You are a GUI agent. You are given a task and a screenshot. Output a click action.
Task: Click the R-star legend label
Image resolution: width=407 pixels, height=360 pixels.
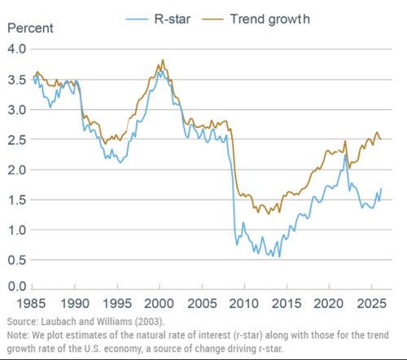tap(173, 20)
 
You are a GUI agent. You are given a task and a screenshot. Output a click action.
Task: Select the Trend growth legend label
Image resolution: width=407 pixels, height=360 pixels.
tap(269, 20)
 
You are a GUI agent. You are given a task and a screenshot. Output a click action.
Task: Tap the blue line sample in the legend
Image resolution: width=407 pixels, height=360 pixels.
tap(137, 20)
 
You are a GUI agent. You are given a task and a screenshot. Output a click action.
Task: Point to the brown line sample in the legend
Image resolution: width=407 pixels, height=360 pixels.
tap(212, 20)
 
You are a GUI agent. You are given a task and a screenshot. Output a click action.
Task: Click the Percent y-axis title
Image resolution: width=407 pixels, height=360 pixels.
tap(30, 29)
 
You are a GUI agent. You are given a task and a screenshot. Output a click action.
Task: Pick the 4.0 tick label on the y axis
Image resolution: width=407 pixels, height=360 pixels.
tap(17, 49)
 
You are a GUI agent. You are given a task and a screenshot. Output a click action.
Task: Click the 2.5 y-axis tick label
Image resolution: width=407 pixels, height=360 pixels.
tap(17, 139)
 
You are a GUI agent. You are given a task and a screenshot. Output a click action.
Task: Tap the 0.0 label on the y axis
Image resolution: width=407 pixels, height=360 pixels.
tap(17, 286)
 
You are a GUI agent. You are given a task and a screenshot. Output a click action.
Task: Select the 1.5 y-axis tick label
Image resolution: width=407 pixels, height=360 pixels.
tap(17, 200)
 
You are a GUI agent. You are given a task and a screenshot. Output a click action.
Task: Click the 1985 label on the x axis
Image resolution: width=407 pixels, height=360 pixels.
tap(31, 303)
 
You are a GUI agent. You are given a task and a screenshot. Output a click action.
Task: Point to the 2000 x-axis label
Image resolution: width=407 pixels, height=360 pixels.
tap(159, 303)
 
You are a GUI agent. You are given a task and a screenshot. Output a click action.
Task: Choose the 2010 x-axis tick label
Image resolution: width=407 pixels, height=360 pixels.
tap(244, 303)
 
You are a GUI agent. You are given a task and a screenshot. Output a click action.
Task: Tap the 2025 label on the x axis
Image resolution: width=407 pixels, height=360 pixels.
tap(371, 303)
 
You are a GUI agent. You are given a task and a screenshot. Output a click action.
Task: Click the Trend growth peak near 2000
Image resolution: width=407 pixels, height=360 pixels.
tap(163, 59)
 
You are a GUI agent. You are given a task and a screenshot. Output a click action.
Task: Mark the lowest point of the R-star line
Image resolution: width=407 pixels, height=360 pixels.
tap(279, 257)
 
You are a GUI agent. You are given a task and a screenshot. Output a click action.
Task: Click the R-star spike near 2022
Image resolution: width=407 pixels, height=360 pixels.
tap(345, 155)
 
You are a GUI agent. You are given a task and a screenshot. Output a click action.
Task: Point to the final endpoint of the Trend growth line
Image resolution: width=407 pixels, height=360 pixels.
tap(382, 139)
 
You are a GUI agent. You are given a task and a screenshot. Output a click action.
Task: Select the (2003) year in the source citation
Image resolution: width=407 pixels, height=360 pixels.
tap(148, 322)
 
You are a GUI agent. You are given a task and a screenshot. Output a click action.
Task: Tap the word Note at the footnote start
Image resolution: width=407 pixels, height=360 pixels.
tap(17, 336)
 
